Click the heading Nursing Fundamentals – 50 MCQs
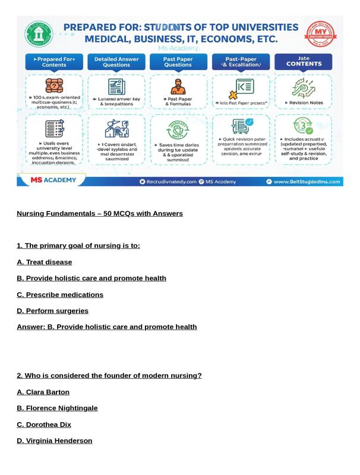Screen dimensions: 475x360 click(x=99, y=214)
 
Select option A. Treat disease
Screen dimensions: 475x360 click(x=44, y=262)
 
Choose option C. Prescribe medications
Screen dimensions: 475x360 click(x=59, y=295)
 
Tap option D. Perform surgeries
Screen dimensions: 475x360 click(x=52, y=311)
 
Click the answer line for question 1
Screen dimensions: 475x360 click(x=106, y=327)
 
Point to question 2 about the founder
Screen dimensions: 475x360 click(x=109, y=376)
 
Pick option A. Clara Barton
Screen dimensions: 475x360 click(x=43, y=392)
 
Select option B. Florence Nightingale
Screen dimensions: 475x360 click(x=57, y=408)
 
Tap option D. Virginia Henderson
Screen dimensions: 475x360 click(x=54, y=441)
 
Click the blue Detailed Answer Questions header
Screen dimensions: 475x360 click(x=116, y=62)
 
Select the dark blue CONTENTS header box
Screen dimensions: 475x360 click(x=303, y=62)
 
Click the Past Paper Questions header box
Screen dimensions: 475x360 click(x=178, y=62)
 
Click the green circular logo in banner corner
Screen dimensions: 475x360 click(x=39, y=34)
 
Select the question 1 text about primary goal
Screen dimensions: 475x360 click(x=78, y=246)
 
